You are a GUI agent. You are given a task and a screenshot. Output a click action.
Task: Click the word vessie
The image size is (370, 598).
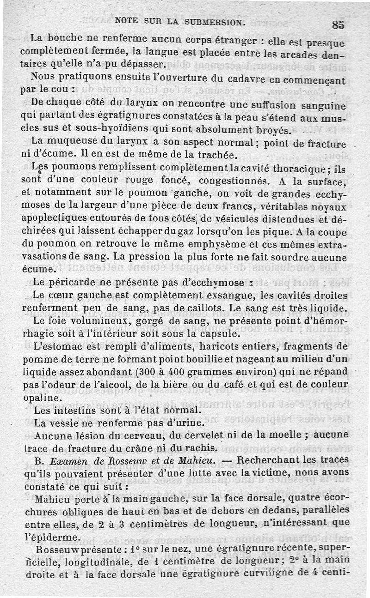pyautogui.click(x=70, y=423)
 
